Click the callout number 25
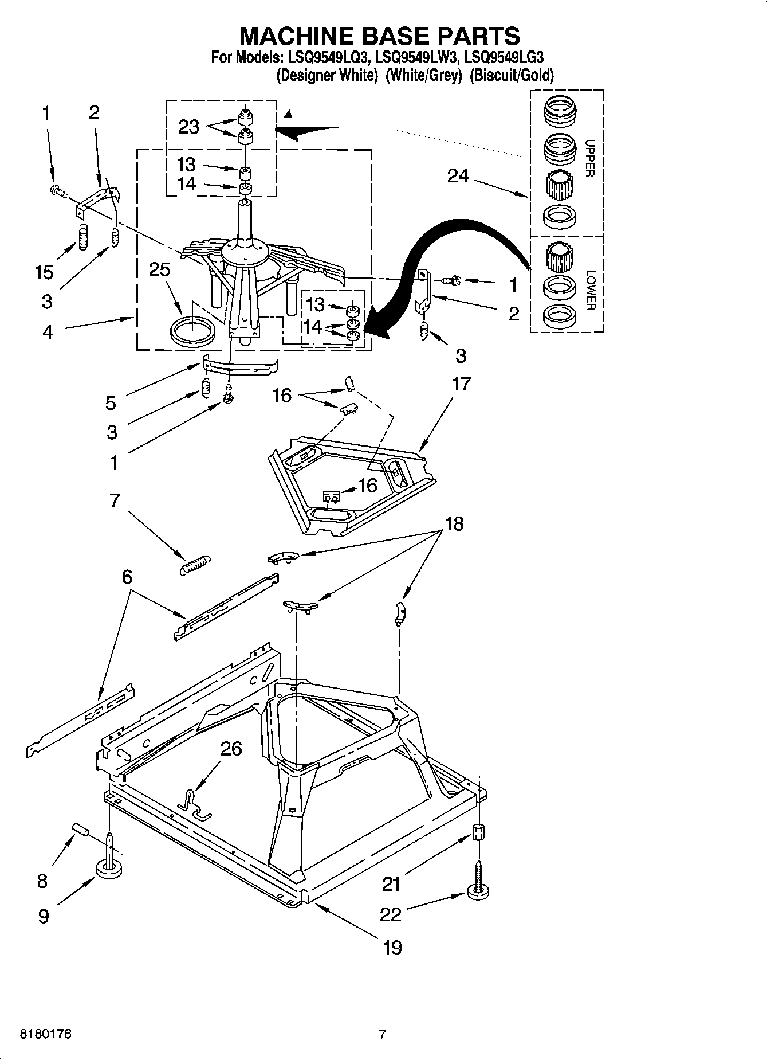[159, 269]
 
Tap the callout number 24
[458, 177]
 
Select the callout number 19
[392, 947]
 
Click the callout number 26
[231, 749]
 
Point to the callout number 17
[461, 384]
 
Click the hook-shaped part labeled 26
[194, 803]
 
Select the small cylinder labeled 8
[81, 831]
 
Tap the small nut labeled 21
[478, 831]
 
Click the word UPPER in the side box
[591, 158]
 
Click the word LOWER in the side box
[591, 290]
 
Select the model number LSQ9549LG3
[504, 57]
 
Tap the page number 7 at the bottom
[382, 1035]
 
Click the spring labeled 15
[84, 237]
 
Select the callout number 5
[111, 403]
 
